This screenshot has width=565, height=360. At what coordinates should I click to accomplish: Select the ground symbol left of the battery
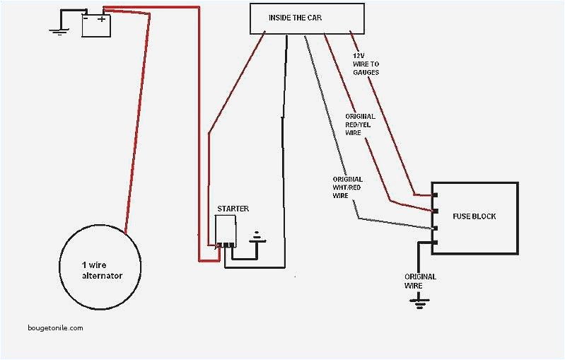point(57,30)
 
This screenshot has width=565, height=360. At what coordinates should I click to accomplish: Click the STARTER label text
point(233,209)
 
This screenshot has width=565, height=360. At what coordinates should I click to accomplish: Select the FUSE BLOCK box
point(475,218)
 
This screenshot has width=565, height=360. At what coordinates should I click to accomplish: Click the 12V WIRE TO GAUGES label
point(366,64)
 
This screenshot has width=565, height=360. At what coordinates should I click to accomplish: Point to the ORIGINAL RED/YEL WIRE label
point(360,124)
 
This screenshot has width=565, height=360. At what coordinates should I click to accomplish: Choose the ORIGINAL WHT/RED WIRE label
point(347,187)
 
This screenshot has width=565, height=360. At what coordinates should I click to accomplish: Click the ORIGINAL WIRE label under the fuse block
point(420,281)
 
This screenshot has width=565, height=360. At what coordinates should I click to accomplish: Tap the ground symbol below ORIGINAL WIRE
point(420,302)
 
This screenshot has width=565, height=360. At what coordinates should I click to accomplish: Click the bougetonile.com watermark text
point(55,327)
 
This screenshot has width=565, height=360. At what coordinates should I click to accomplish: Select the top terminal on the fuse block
point(436,194)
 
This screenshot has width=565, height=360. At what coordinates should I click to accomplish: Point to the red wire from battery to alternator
point(139,120)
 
